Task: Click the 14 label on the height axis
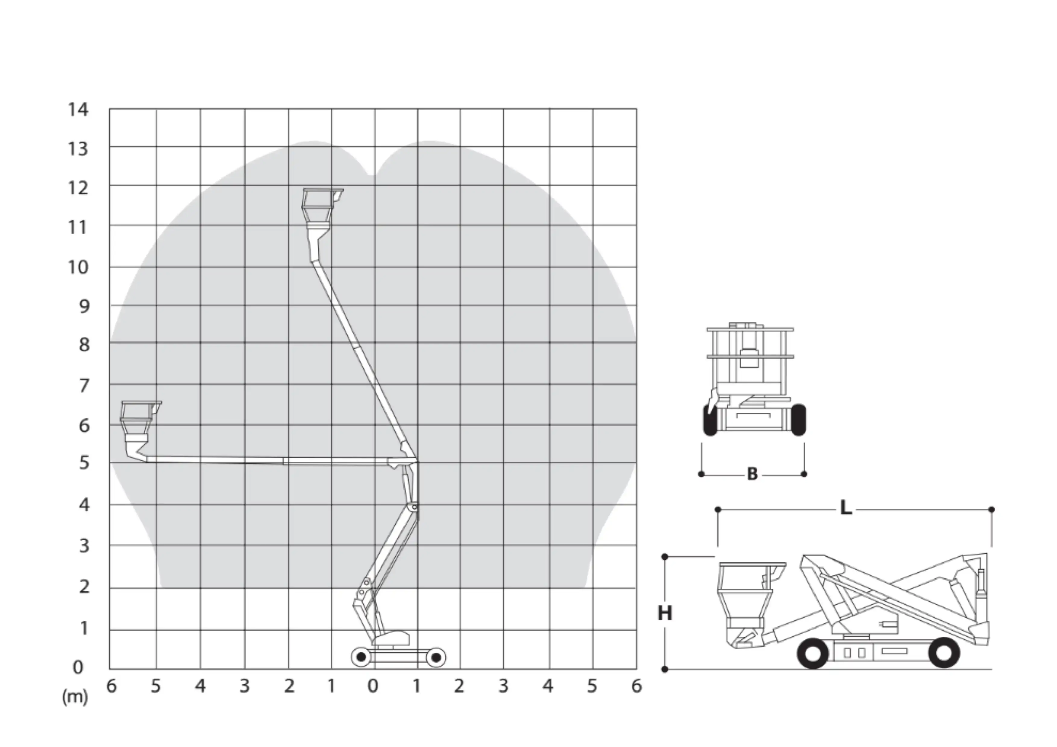coord(78,110)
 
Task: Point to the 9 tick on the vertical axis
coord(84,306)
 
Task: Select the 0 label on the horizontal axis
coord(373,686)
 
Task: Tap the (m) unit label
coord(75,697)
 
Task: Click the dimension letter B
coord(752,474)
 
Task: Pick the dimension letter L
coord(846,508)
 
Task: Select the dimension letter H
coord(665,613)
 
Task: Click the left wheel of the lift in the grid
coord(361,657)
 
